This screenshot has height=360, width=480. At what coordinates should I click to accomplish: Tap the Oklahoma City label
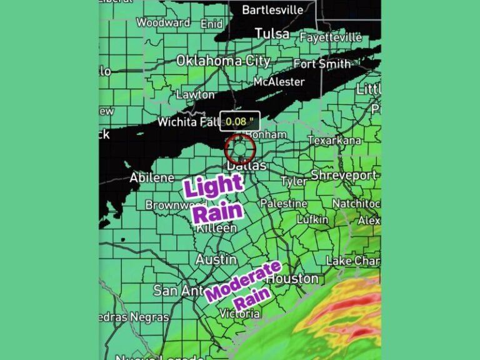click(223, 61)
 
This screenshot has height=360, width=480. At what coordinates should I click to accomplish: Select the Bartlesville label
click(272, 10)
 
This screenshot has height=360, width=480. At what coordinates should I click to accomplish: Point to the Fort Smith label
click(322, 64)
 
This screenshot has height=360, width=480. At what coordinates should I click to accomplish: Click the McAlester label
click(279, 82)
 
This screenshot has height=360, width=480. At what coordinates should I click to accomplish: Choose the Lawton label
click(195, 95)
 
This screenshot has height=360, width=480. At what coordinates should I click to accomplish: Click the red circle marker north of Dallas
click(239, 149)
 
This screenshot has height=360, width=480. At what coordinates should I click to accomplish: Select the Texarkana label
click(334, 140)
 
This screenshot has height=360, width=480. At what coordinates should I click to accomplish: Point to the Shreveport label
click(344, 174)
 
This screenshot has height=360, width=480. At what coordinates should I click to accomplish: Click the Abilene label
click(152, 178)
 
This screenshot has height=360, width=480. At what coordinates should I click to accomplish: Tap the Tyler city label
click(294, 181)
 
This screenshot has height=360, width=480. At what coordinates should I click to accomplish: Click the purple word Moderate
click(244, 281)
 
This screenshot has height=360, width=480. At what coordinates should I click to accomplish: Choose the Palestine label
click(284, 204)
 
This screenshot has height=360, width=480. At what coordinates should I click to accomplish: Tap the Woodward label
click(163, 22)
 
